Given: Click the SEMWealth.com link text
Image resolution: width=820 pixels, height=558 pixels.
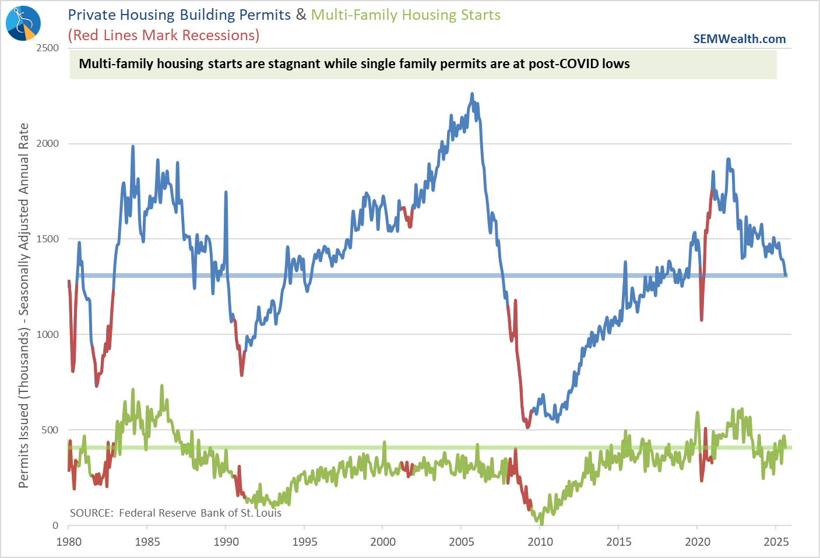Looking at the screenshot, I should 739,39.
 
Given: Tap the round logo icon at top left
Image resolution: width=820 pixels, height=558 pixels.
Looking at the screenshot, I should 23,23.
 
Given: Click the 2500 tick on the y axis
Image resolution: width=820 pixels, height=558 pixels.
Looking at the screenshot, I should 48,48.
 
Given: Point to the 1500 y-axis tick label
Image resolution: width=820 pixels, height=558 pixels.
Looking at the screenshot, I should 48,239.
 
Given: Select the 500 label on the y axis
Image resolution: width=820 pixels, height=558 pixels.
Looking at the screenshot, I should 51,430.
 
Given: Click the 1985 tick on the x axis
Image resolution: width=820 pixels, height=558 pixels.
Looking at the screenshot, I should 147,542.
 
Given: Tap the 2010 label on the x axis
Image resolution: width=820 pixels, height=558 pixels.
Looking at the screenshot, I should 540,542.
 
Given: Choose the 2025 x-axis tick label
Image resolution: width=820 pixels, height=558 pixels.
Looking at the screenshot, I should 776,542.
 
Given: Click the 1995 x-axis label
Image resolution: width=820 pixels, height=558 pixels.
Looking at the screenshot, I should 304,542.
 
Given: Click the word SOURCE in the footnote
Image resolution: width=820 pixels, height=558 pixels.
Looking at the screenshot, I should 91,513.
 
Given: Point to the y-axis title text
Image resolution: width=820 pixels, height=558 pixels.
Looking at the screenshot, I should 23,305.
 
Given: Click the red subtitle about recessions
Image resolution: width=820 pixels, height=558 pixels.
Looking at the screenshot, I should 164,36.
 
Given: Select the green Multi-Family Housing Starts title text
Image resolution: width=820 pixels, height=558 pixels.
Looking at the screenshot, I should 406,15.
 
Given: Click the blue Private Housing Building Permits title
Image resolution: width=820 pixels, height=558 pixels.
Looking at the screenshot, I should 180,15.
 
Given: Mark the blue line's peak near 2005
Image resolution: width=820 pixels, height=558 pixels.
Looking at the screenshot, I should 472,94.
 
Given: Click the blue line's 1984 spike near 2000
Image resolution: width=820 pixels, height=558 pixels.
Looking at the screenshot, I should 133,147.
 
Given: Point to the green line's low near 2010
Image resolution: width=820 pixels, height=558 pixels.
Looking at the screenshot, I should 541,523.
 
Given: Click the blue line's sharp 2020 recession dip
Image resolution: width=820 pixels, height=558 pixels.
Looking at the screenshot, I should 702,319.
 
